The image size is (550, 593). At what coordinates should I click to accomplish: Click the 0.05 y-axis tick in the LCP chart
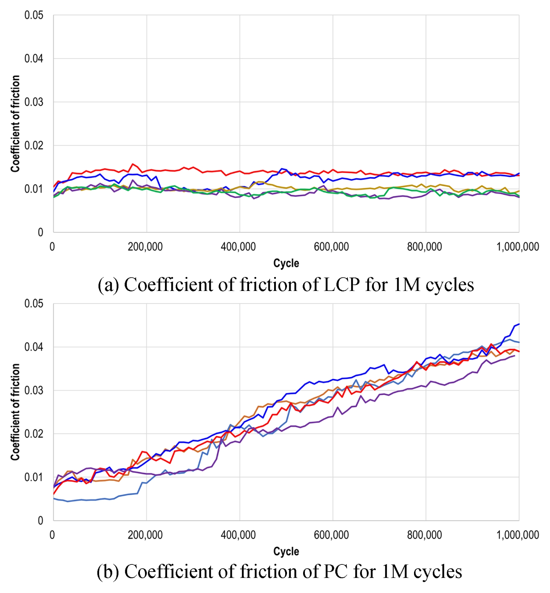pos(34,15)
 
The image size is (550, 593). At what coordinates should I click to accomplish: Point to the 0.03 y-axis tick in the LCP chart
pos(34,102)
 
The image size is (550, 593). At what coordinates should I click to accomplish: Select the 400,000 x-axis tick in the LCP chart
pos(238,247)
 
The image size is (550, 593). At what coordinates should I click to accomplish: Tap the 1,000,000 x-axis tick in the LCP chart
pos(517,247)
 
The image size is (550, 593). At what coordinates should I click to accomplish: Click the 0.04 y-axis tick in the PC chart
pos(34,347)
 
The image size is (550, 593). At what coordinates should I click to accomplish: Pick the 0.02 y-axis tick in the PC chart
pos(34,434)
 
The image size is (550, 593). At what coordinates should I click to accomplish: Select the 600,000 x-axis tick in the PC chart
pos(331,535)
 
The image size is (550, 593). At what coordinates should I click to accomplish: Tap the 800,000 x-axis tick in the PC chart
pos(424,535)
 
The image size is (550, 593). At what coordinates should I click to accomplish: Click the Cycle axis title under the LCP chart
pos(286,263)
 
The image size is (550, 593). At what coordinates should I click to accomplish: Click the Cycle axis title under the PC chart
pos(286,551)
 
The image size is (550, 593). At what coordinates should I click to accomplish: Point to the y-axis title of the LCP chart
pos(15,124)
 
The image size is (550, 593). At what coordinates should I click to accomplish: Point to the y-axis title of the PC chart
pos(15,412)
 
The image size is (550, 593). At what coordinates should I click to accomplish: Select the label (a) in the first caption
pos(108,285)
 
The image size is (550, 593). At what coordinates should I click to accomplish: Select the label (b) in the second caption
pos(108,571)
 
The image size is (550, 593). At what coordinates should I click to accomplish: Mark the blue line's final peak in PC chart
pos(519,324)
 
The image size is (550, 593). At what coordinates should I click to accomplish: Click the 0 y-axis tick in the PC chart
pos(40,520)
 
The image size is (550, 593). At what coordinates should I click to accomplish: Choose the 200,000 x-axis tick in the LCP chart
pos(145,247)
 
